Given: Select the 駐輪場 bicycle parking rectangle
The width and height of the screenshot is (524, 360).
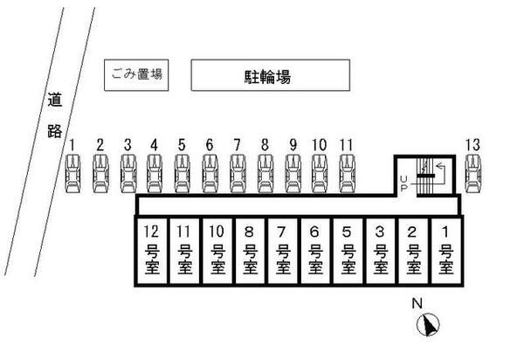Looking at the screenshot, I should pos(266,76).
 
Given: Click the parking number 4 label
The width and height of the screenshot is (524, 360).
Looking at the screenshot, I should pos(155,144).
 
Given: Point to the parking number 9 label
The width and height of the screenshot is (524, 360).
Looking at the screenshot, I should pos(293,144).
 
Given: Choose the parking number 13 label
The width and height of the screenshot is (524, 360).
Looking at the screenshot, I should pos(473,144).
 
